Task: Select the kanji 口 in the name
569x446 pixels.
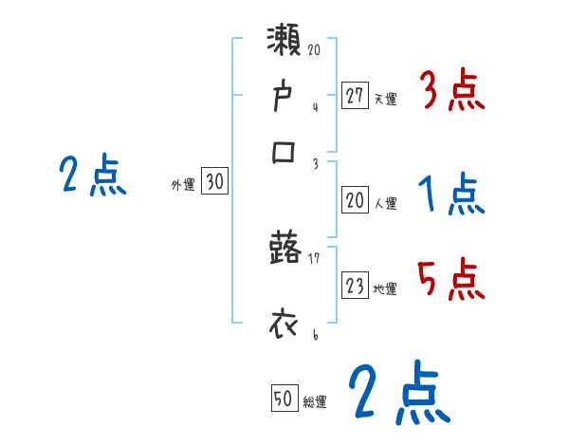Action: pos(285,152)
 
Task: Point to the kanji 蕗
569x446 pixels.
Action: pos(285,251)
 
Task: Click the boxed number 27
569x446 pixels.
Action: pos(355,96)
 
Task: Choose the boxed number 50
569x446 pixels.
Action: pos(284,400)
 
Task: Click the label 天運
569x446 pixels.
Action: pos(386,99)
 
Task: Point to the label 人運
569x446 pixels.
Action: pos(386,203)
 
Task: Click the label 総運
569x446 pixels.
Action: pos(315,402)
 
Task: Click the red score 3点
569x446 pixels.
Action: pos(450,93)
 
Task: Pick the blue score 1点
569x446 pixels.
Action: pos(450,195)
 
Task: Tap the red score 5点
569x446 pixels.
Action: pos(450,280)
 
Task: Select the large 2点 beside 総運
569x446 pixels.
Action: pos(398,394)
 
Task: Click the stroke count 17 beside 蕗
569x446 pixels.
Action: pos(314,256)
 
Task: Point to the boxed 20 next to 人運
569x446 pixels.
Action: pos(355,200)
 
